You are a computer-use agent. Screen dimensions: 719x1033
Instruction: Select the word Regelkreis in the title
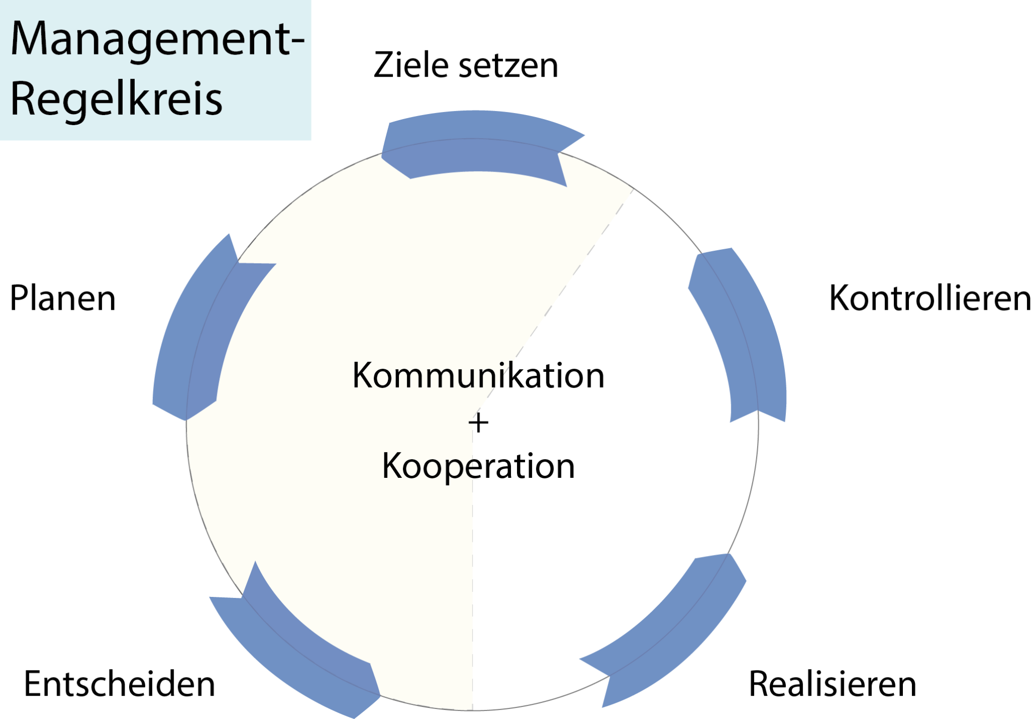116,99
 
